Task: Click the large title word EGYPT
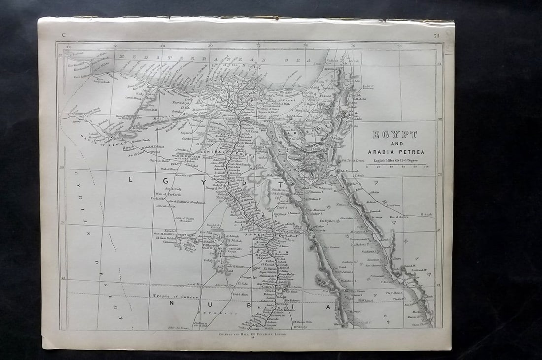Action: tap(394, 134)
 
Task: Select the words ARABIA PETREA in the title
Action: tap(394, 152)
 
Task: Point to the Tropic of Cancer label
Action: tap(175, 297)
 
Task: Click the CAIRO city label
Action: tap(245, 118)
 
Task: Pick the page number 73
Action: tap(437, 35)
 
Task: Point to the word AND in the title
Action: tap(394, 144)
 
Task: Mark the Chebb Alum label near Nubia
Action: tap(240, 295)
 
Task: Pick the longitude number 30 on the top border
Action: tap(210, 46)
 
